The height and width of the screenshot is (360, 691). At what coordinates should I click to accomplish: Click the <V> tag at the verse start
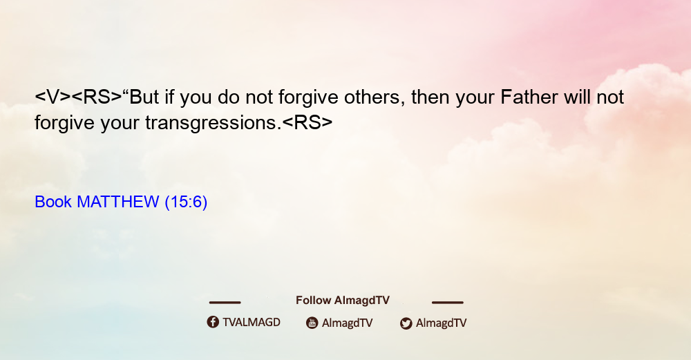coord(53,97)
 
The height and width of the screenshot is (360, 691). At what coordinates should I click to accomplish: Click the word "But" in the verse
coord(144,97)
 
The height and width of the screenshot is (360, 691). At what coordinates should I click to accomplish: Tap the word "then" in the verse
coord(430,97)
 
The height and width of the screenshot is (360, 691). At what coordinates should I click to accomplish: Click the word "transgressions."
coord(214,123)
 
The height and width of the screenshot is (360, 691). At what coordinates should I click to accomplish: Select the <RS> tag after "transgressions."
coord(307,123)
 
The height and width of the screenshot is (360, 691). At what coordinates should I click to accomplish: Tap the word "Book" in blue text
coord(53,202)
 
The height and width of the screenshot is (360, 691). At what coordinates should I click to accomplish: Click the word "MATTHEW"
coord(117,202)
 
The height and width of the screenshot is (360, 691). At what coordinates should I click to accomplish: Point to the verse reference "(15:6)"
coord(186,202)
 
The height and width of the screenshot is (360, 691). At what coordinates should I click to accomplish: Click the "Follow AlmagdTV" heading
coord(343,301)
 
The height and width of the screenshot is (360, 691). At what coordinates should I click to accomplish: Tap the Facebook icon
coord(213,322)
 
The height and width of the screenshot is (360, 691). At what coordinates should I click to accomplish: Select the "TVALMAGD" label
coord(252,323)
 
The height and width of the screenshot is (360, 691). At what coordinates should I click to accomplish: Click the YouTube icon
coord(312,323)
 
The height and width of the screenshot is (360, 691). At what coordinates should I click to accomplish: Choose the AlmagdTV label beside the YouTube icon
coord(348,323)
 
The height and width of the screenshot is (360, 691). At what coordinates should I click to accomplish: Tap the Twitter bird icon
coord(406,323)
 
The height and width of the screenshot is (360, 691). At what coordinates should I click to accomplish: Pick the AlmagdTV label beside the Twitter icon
coord(441,323)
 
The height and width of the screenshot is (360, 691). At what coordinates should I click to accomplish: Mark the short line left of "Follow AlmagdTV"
coord(225,303)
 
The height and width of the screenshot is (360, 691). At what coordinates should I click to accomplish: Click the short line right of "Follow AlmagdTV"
coord(448,303)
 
